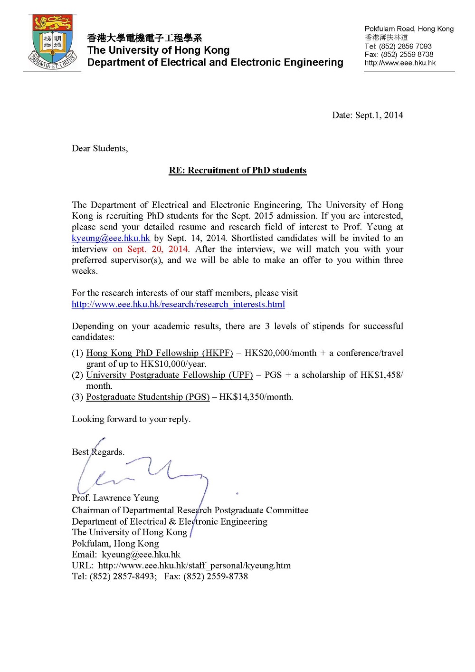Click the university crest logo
pyautogui.click(x=53, y=42)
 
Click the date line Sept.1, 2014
pyautogui.click(x=367, y=115)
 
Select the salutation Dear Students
pyautogui.click(x=100, y=148)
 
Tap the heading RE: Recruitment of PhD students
pyautogui.click(x=237, y=171)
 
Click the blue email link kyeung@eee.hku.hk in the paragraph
pyautogui.click(x=111, y=238)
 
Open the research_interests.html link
pyautogui.click(x=178, y=304)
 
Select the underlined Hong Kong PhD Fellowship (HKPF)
pyautogui.click(x=160, y=353)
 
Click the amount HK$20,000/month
pyautogui.click(x=280, y=353)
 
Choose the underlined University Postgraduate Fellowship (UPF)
pyautogui.click(x=170, y=375)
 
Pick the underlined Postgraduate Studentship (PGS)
pyautogui.click(x=148, y=397)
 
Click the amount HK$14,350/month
pyautogui.click(x=256, y=397)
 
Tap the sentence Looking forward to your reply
pyautogui.click(x=131, y=419)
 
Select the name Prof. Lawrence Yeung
pyautogui.click(x=115, y=498)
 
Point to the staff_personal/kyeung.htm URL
pyautogui.click(x=194, y=566)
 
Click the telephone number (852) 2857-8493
pyautogui.click(x=122, y=576)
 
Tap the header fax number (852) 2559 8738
pyautogui.click(x=407, y=55)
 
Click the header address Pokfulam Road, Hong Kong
pyautogui.click(x=409, y=29)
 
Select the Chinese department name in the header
pyautogui.click(x=144, y=38)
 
